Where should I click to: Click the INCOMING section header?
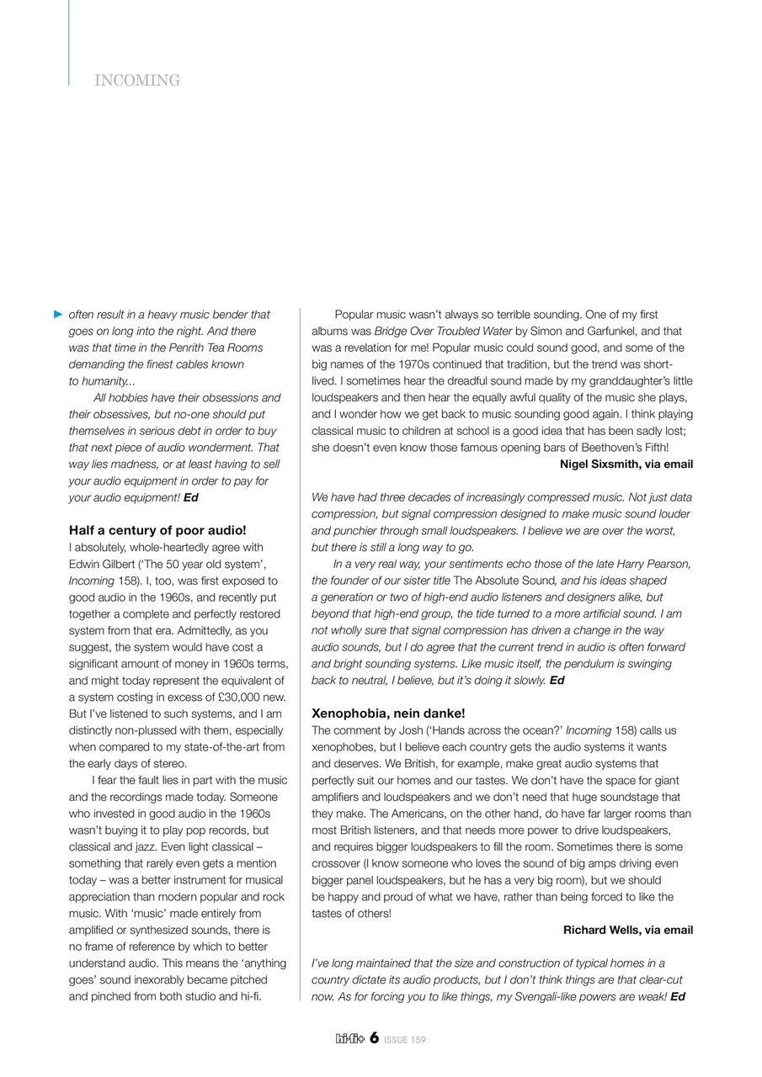click(137, 81)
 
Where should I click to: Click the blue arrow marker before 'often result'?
click(58, 315)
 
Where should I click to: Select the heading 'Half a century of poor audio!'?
click(157, 530)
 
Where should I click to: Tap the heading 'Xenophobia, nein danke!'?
click(388, 714)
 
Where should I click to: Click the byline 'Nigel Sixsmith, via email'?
click(626, 464)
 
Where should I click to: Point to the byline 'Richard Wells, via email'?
click(628, 930)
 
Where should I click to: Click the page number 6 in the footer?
click(374, 1038)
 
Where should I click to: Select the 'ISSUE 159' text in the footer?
click(405, 1040)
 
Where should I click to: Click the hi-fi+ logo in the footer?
click(350, 1039)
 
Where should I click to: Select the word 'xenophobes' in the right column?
click(340, 747)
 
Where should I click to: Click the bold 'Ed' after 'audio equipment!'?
click(191, 497)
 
